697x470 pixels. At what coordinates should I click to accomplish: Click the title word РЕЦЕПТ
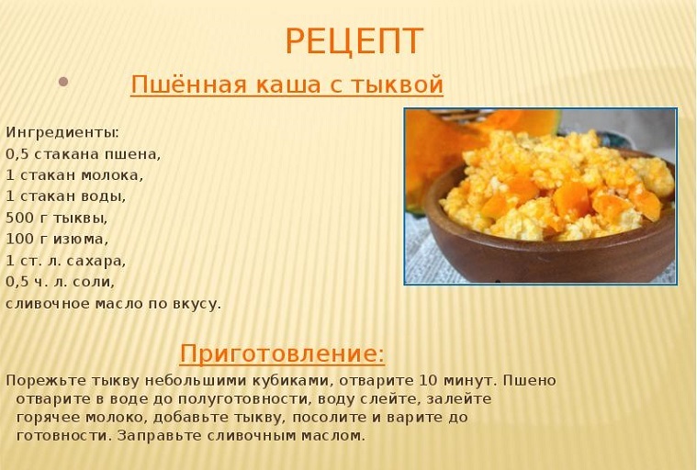point(354,41)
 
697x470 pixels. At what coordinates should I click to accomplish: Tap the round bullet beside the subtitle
point(63,82)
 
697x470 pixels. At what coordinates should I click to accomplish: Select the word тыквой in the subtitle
point(397,84)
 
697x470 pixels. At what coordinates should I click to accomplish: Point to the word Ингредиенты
point(61,133)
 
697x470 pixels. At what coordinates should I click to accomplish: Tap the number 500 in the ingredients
point(18,218)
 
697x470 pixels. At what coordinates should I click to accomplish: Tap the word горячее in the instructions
point(49,419)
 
